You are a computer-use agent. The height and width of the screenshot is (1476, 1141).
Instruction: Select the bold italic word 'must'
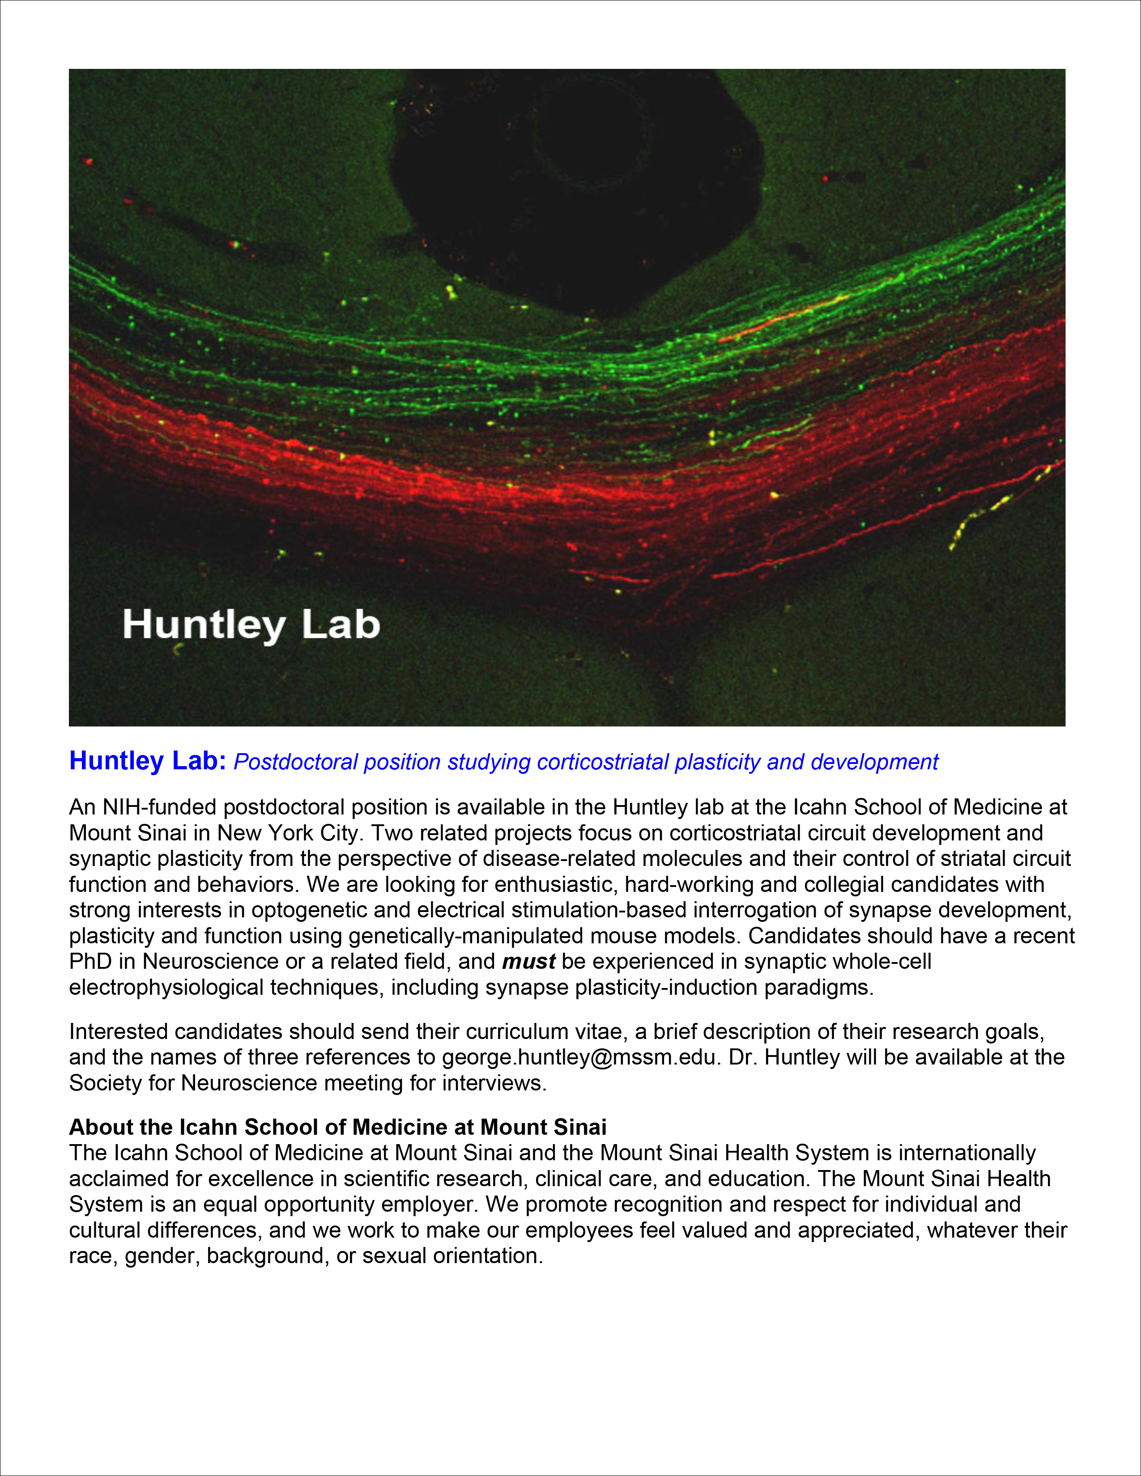click(x=528, y=961)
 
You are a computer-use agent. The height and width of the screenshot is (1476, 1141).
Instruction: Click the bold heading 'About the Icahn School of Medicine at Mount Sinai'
click(x=338, y=1127)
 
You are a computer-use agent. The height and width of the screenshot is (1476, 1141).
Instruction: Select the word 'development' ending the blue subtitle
click(x=875, y=762)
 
